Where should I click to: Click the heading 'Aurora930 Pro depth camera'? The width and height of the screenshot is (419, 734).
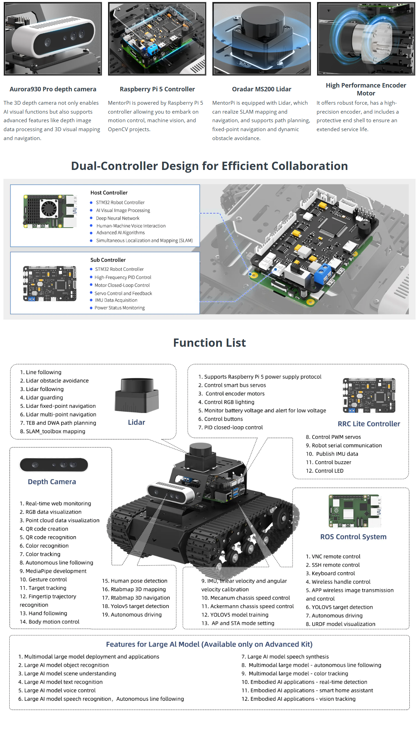pos(53,89)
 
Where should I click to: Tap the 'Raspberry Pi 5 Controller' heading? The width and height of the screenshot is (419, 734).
pos(157,89)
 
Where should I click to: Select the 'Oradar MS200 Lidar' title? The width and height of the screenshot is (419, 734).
pos(261,89)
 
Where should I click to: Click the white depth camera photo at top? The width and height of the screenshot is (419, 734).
pos(53,39)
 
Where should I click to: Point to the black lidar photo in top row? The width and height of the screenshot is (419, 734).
pos(261,39)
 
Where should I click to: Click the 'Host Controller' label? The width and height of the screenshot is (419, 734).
pos(109,193)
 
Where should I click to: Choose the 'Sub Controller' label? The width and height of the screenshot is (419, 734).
pos(108,260)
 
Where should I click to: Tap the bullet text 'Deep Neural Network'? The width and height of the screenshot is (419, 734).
pos(117,218)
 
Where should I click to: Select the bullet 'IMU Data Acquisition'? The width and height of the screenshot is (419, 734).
pos(116,300)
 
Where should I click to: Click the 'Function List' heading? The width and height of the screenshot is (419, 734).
pos(209,343)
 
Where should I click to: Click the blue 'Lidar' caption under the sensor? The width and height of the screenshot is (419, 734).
pos(136,423)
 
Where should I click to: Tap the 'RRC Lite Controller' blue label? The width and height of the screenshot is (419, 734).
pos(369,424)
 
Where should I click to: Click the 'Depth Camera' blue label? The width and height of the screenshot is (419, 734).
pos(52,482)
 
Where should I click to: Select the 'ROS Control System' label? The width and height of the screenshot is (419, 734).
pos(353,537)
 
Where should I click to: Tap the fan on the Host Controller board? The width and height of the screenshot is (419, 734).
pos(49,208)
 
